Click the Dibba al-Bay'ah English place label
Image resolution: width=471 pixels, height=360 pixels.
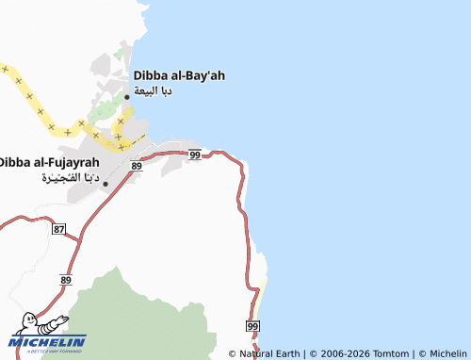point(180,75)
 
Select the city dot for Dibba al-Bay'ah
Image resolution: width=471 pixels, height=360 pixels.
point(127,96)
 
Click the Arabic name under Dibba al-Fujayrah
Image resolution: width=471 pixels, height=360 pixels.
point(70,179)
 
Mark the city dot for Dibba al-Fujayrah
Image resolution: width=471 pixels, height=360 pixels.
point(106,183)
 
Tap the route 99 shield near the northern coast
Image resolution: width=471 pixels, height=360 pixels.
point(194,155)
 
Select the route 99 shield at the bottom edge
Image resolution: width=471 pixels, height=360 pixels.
point(252,325)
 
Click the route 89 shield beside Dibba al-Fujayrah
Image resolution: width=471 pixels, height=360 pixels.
point(137,166)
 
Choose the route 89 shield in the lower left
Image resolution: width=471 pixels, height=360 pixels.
point(66,280)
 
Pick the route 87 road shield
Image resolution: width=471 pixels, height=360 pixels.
point(59,230)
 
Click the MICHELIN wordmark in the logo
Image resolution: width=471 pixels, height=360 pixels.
point(48,341)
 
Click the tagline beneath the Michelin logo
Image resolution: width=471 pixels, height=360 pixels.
point(48,351)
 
